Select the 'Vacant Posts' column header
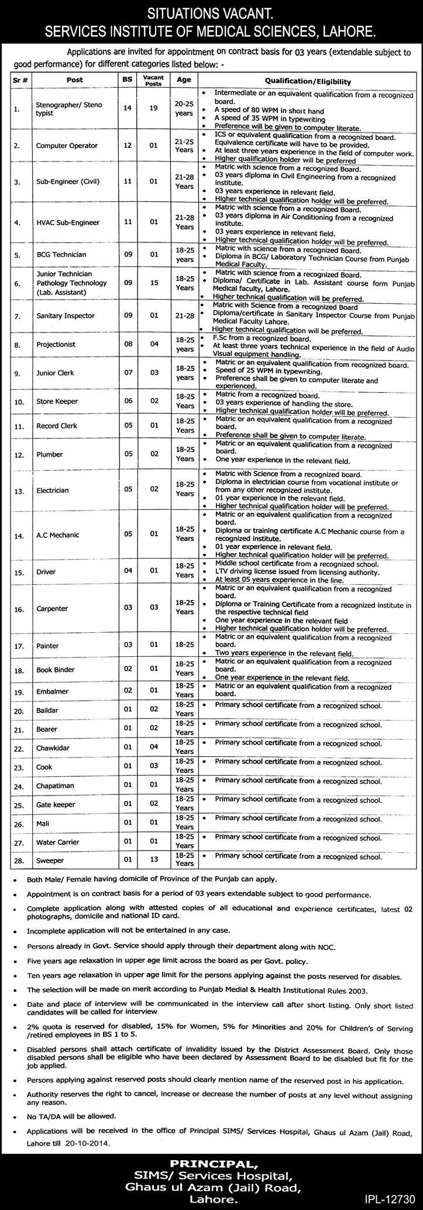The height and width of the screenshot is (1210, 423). [153, 80]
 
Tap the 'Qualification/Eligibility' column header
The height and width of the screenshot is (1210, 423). [308, 81]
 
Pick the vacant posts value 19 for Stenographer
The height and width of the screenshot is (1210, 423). [153, 109]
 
